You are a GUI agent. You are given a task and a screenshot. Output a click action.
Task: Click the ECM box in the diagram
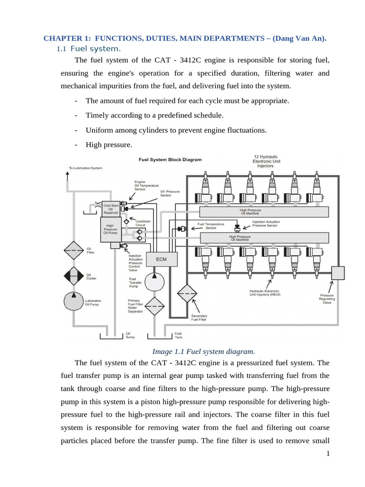162,259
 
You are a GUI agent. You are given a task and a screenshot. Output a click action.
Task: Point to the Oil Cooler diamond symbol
73,276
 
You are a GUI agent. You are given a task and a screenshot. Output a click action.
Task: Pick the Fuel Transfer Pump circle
154,281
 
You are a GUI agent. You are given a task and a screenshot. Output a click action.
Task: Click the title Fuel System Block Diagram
170,160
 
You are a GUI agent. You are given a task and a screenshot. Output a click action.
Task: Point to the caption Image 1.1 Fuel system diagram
203,351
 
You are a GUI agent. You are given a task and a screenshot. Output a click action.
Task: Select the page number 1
328,454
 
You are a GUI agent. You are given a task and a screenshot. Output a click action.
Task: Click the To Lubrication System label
86,167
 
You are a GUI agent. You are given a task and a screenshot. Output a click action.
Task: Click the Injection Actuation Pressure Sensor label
266,224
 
